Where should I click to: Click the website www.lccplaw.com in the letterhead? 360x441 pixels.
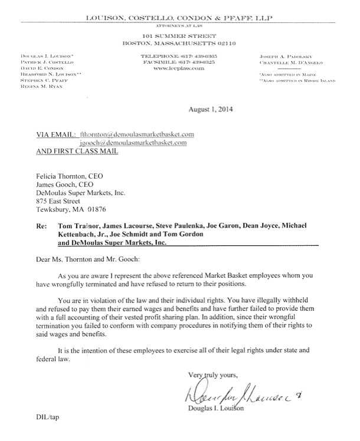[x=179, y=68]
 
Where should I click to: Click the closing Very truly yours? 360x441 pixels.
[x=212, y=374]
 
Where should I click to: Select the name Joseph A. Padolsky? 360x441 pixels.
[x=282, y=57]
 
